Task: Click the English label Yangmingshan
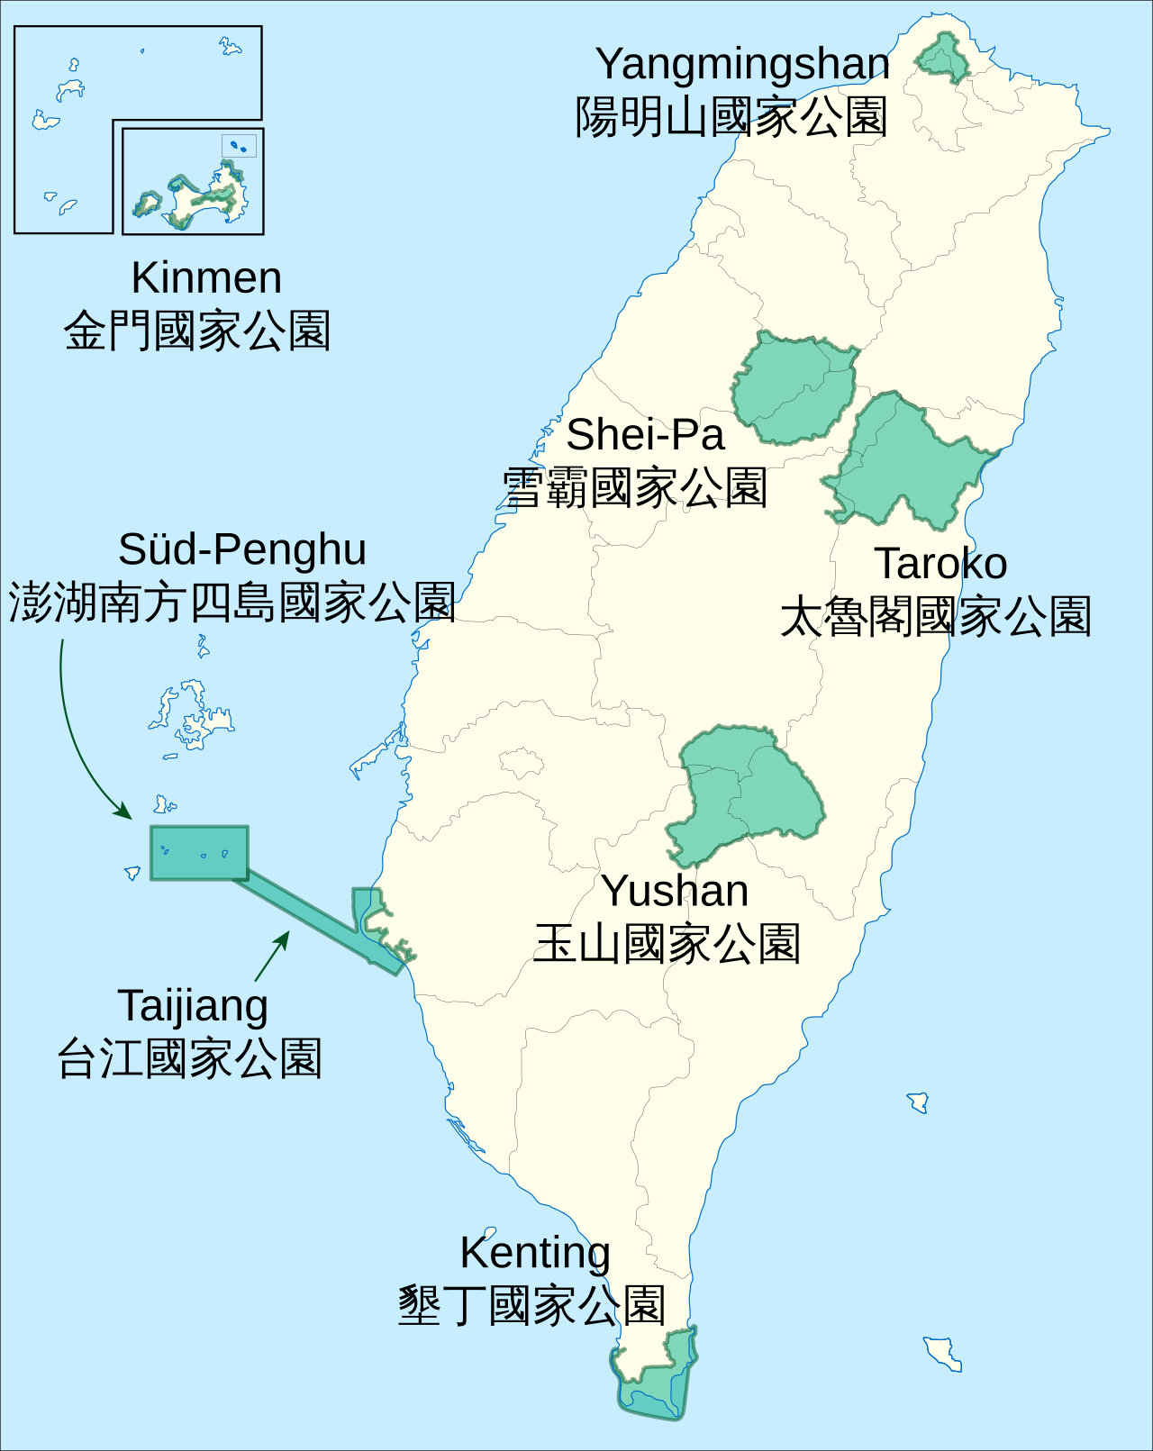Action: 742,65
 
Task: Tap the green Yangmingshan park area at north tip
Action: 943,59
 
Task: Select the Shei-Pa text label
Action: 645,435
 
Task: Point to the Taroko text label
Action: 940,564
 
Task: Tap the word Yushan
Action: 675,891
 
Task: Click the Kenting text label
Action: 535,1252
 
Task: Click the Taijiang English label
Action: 193,1006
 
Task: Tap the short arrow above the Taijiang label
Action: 272,956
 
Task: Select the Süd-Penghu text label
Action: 242,549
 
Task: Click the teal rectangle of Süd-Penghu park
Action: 199,852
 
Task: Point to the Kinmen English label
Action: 206,277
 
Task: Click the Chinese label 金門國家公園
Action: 197,331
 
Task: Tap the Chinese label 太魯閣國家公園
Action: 935,617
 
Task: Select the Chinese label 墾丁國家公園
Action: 531,1306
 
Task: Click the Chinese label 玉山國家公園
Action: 667,944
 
